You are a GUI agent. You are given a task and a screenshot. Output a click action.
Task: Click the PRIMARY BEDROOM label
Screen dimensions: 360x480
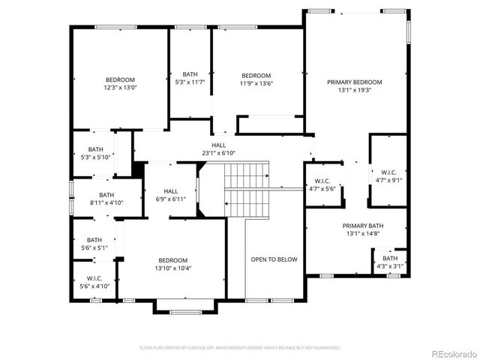355,82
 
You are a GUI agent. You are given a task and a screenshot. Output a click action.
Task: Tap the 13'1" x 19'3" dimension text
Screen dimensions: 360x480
355,90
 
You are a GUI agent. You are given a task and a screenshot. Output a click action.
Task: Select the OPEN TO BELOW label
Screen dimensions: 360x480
274,259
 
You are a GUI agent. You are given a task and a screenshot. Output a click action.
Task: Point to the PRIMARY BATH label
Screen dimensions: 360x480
363,226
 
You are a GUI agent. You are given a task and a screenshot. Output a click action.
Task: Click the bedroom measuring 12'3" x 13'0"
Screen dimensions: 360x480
120,83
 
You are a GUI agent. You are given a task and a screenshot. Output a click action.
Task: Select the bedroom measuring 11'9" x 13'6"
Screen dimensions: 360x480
256,79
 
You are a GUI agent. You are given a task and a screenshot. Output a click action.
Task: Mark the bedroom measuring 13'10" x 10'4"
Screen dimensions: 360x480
172,264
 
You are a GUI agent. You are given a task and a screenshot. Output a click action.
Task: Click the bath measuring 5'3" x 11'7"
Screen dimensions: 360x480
190,77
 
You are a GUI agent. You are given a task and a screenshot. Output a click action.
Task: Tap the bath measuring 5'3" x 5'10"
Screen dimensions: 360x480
95,153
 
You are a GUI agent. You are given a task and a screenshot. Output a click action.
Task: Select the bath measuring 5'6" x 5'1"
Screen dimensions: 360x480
94,243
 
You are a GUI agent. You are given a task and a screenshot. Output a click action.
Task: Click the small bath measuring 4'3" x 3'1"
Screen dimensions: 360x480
390,262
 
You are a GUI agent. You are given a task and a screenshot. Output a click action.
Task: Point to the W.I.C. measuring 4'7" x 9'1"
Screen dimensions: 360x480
388,175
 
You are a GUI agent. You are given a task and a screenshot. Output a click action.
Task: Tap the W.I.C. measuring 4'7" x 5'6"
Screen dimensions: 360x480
322,184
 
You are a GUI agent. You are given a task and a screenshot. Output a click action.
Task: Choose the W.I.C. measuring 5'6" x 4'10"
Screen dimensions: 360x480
94,282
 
